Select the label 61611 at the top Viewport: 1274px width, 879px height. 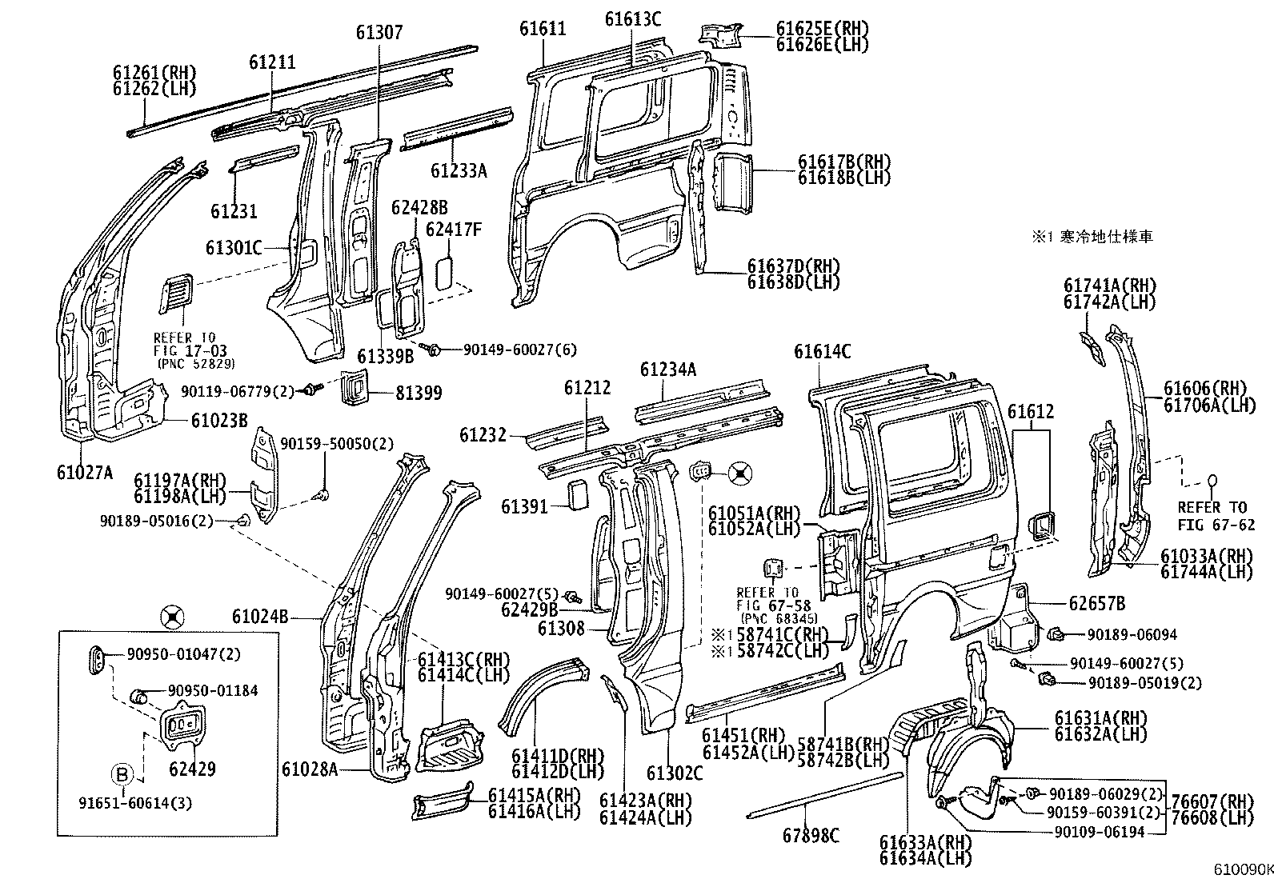point(543,29)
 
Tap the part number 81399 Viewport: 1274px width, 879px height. point(419,394)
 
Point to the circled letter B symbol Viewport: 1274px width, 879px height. point(121,774)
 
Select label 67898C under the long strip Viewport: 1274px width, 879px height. point(811,836)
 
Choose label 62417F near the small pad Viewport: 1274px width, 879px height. point(454,230)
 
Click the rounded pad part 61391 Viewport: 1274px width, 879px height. point(577,494)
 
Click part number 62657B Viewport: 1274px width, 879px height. point(1096,603)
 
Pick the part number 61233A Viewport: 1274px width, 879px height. point(459,170)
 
